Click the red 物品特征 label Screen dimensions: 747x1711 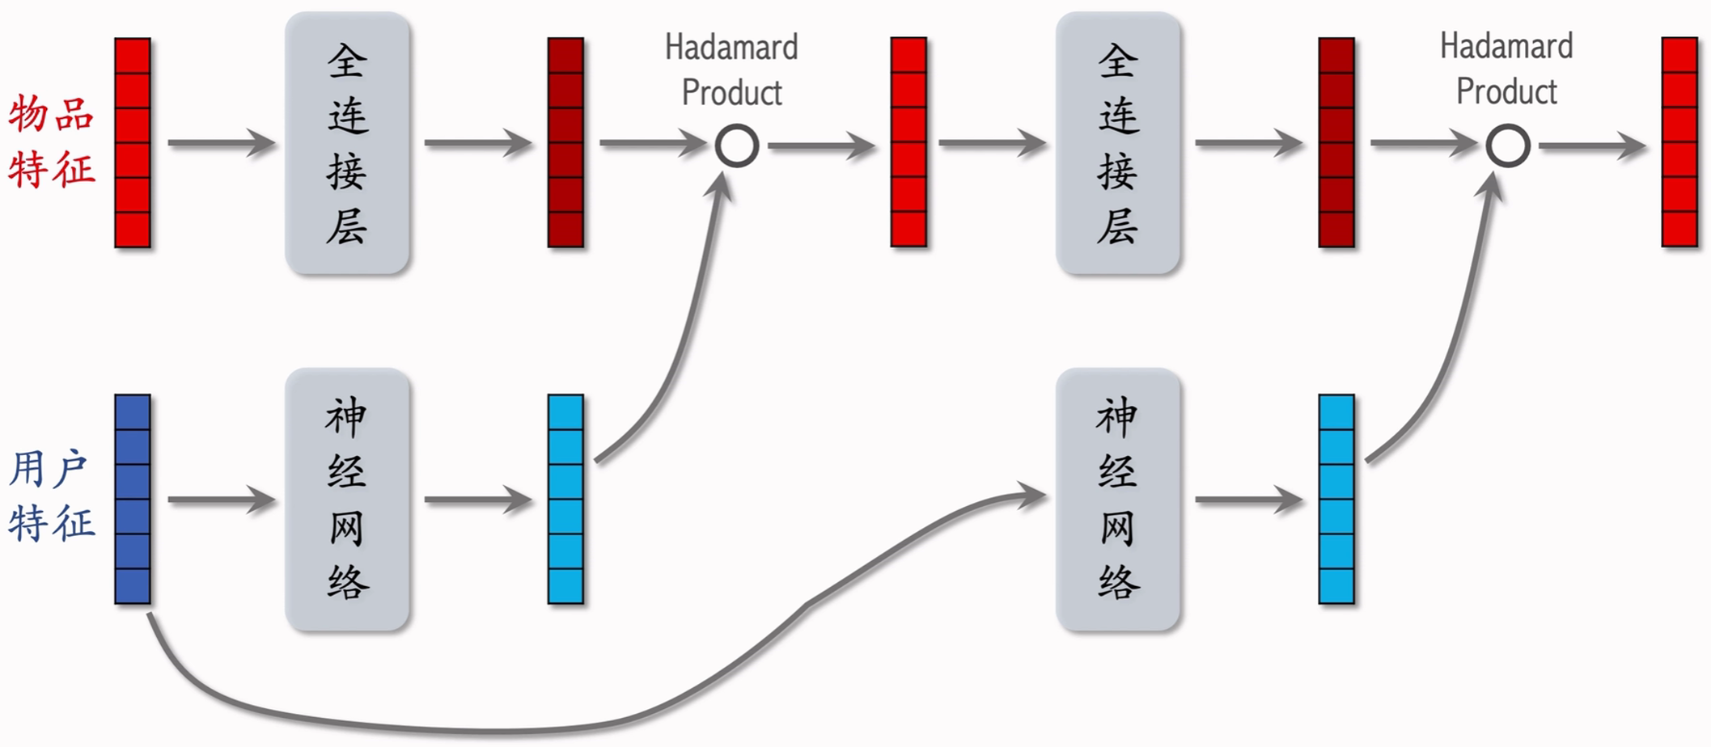pyautogui.click(x=52, y=141)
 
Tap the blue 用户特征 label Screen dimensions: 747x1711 pyautogui.click(x=52, y=495)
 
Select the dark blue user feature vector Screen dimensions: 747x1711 pyautogui.click(x=133, y=499)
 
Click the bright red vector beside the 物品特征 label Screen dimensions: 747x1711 pyautogui.click(x=133, y=142)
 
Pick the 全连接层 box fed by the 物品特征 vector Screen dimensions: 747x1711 pyautogui.click(x=347, y=143)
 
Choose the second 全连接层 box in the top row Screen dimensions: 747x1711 pyautogui.click(x=1117, y=143)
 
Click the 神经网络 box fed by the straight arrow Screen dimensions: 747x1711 pyautogui.click(x=347, y=499)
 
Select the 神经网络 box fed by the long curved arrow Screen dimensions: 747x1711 pyautogui.click(x=1117, y=499)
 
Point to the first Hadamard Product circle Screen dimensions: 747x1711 pyautogui.click(x=736, y=146)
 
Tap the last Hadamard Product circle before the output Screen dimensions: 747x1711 pyautogui.click(x=1507, y=146)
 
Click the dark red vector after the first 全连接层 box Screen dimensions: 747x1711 pyautogui.click(x=565, y=142)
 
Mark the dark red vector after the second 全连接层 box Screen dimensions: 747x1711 pyautogui.click(x=1336, y=142)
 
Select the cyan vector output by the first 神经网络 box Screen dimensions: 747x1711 pyautogui.click(x=565, y=499)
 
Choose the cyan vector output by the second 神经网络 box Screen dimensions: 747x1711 pyautogui.click(x=1336, y=499)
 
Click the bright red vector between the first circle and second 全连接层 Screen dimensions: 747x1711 pyautogui.click(x=908, y=142)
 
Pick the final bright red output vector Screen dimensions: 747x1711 pyautogui.click(x=1679, y=142)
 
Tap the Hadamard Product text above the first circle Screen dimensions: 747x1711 pyautogui.click(x=731, y=70)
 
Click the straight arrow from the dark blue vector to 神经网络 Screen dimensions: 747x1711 pyautogui.click(x=220, y=500)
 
